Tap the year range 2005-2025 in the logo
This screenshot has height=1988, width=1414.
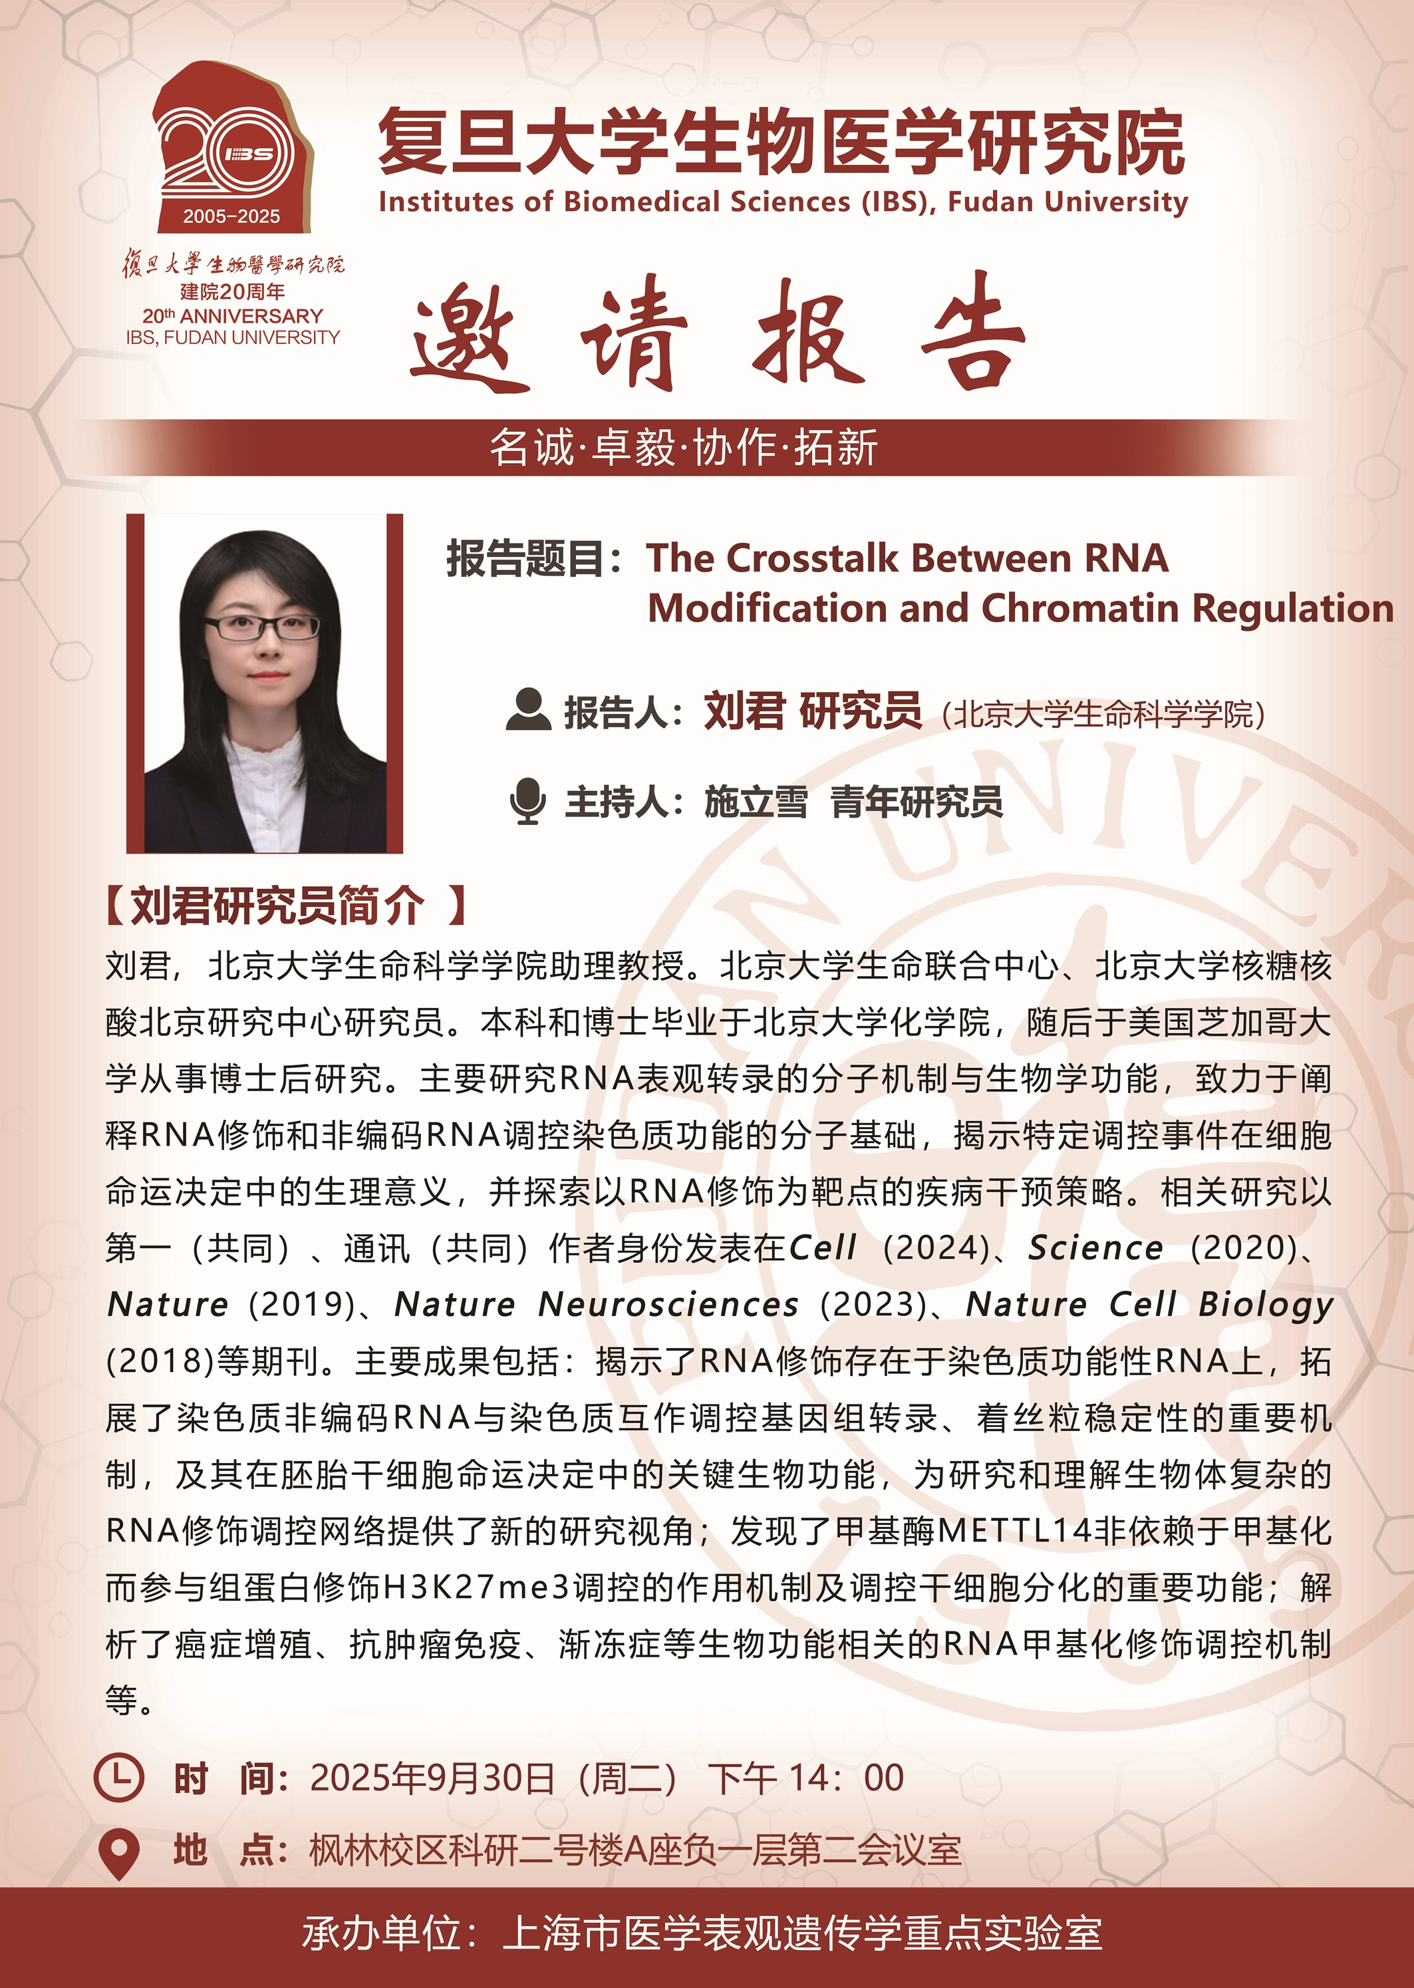231,217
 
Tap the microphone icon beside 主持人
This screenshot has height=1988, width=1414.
527,801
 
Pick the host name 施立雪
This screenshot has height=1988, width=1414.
755,802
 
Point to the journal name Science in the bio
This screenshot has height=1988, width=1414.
1095,1249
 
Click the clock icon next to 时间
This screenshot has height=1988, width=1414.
118,1778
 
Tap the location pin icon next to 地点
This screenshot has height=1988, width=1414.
119,1852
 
